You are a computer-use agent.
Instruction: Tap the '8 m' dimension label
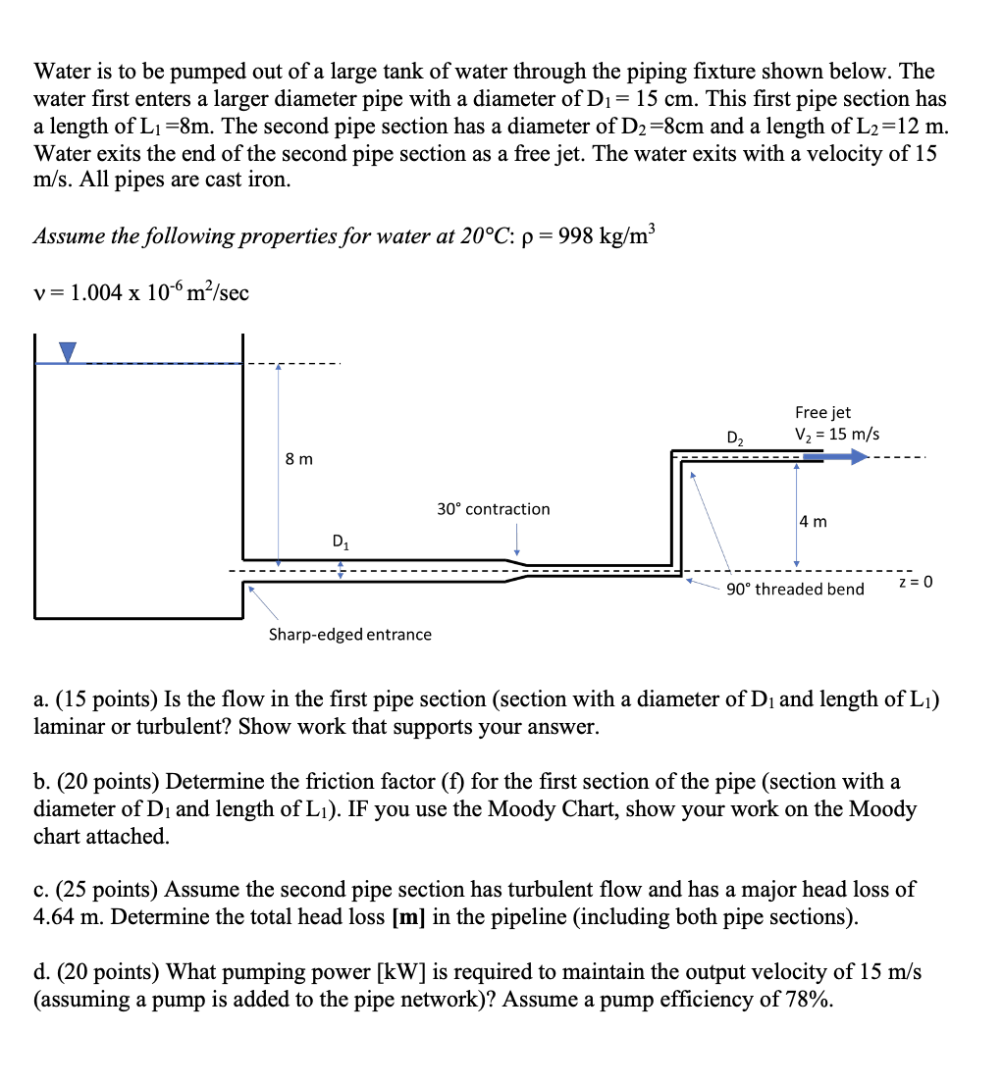(x=299, y=458)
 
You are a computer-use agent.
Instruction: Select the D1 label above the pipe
(x=340, y=540)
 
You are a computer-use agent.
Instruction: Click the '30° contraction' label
(x=493, y=509)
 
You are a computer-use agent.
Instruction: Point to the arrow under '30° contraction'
(x=517, y=538)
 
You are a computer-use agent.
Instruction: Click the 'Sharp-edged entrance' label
(x=350, y=635)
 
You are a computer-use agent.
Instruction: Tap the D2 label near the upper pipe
(x=735, y=438)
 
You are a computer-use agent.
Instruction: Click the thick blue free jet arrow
(x=835, y=456)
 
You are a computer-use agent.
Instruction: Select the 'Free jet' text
(x=822, y=413)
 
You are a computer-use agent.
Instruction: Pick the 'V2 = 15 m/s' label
(x=836, y=434)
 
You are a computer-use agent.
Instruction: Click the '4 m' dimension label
(x=813, y=521)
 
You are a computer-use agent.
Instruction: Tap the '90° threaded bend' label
(x=795, y=590)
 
